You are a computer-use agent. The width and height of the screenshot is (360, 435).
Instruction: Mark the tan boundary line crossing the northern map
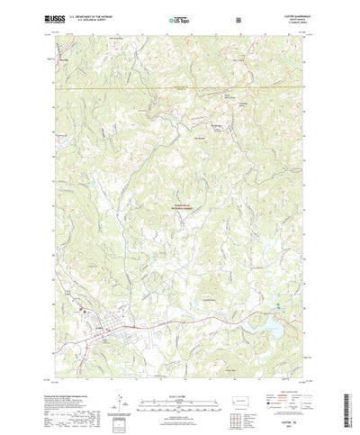pyautogui.click(x=180, y=87)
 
